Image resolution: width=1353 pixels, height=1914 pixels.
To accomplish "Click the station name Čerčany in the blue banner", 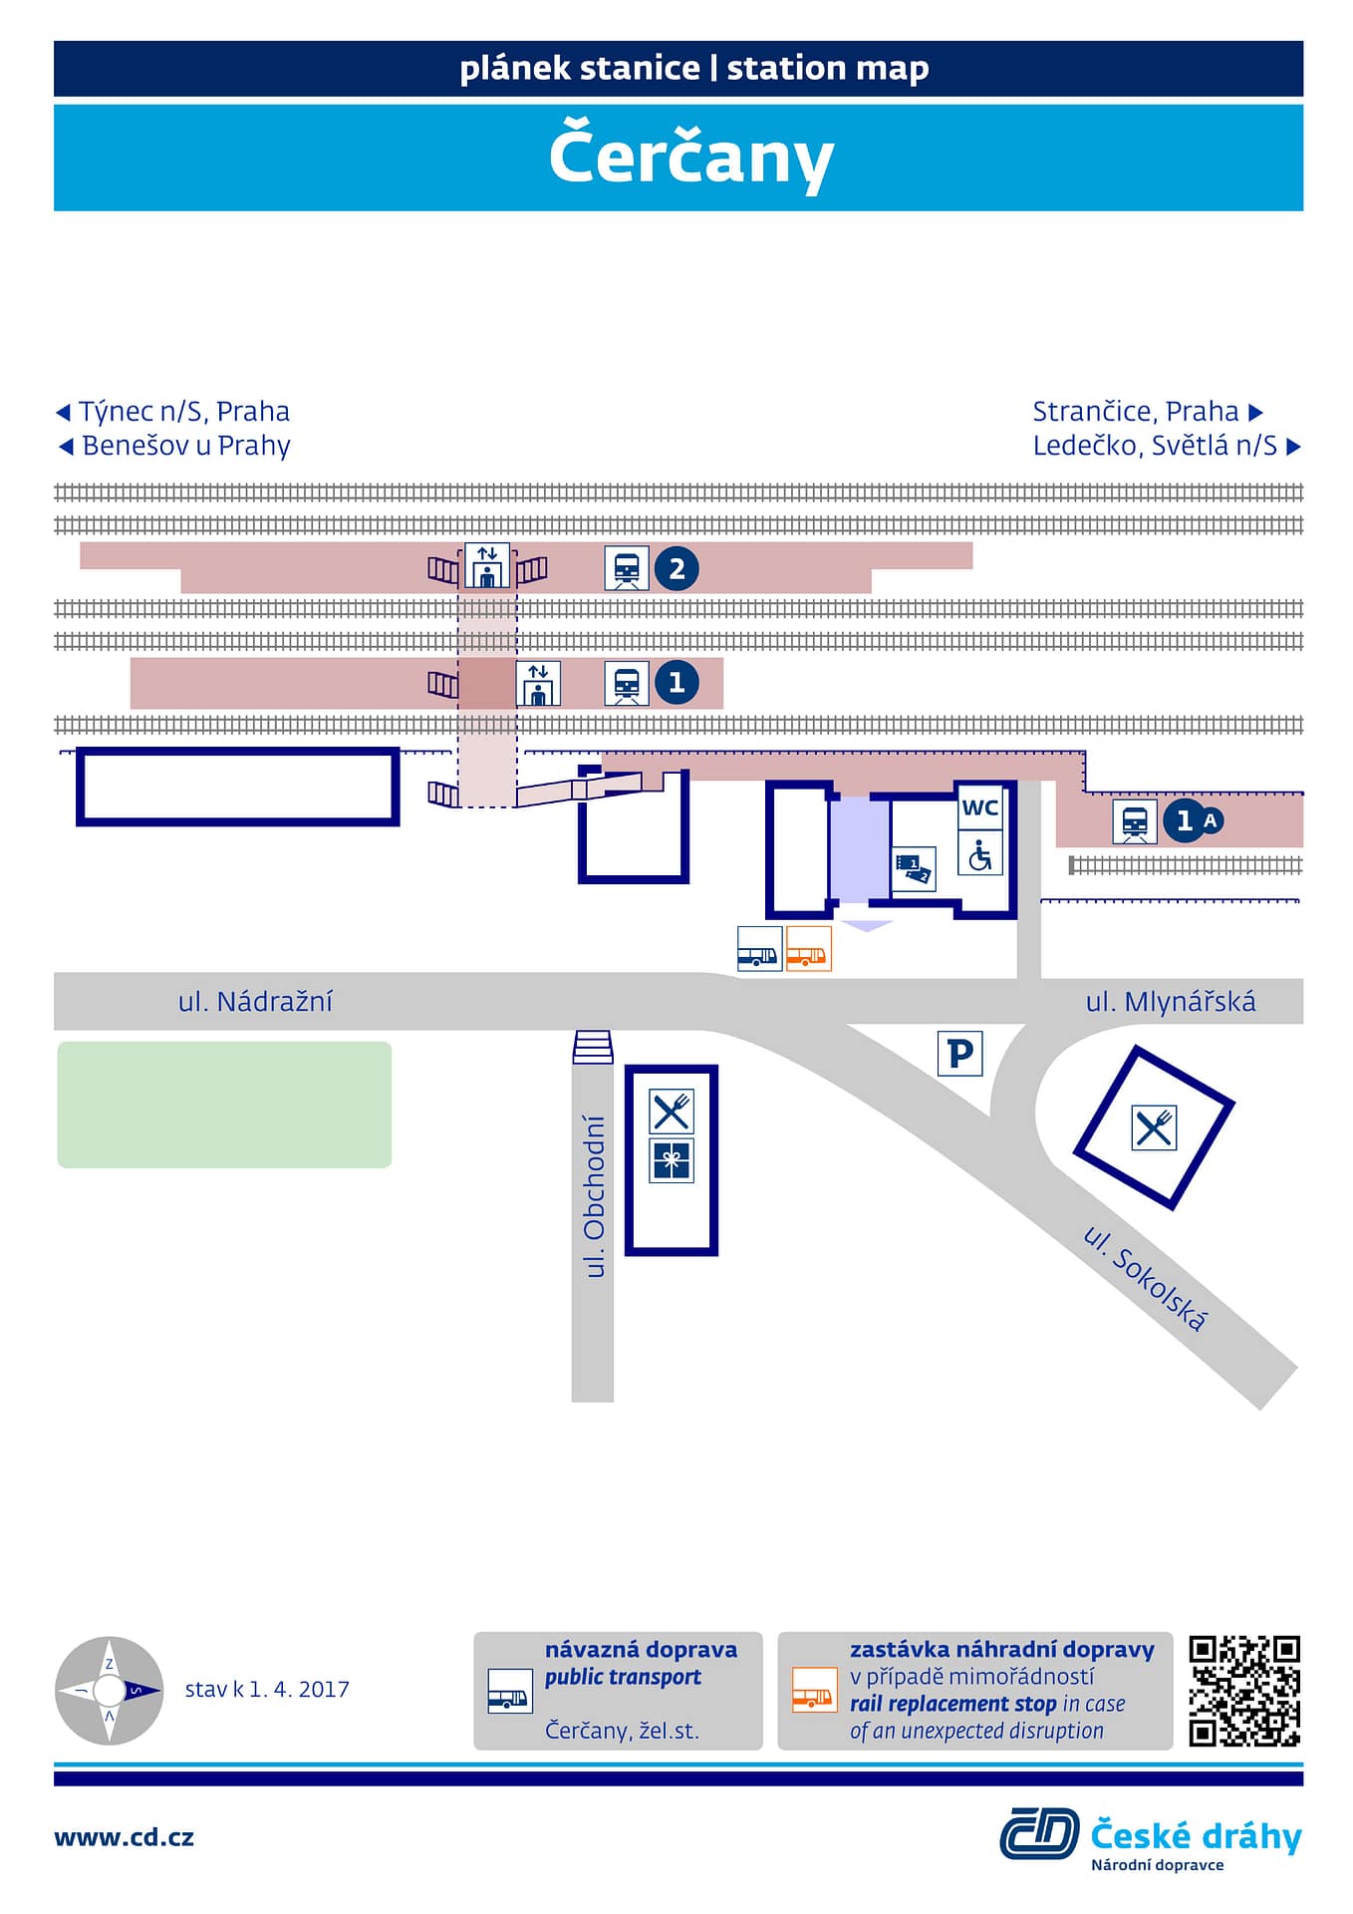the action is pos(690,157).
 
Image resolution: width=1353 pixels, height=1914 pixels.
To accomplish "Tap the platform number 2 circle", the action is pos(676,568).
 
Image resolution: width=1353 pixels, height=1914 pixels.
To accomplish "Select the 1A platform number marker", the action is pos(1194,820).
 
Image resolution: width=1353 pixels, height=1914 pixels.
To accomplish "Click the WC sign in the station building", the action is pos(979,807).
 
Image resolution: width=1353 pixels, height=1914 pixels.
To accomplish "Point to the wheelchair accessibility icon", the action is pos(979,855).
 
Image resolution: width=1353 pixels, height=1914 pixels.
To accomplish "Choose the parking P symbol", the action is pos(959,1053).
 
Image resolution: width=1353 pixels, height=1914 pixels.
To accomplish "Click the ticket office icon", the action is pos(914,868).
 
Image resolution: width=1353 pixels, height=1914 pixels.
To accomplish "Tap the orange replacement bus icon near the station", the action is pos(808,948).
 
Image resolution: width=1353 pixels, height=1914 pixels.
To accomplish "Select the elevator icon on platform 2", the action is pos(487,566).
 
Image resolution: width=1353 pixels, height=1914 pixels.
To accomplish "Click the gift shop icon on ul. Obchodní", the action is pos(672,1160).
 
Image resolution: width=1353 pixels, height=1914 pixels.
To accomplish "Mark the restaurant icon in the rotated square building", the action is pos(1154,1127).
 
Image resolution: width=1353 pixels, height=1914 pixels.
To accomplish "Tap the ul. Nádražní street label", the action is pos(255,1001).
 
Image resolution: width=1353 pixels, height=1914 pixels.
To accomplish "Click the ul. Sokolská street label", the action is pos(1145,1278).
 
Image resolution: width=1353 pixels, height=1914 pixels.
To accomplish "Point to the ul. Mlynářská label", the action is pos(1171,1001).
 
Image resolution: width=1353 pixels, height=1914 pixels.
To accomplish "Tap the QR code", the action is pos(1244,1691).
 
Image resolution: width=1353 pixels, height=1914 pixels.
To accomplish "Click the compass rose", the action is pos(109,1690).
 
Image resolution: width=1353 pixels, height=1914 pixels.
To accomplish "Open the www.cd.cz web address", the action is pos(124,1837).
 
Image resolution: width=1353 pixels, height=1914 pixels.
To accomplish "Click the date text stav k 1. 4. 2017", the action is pos(267,1689).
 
